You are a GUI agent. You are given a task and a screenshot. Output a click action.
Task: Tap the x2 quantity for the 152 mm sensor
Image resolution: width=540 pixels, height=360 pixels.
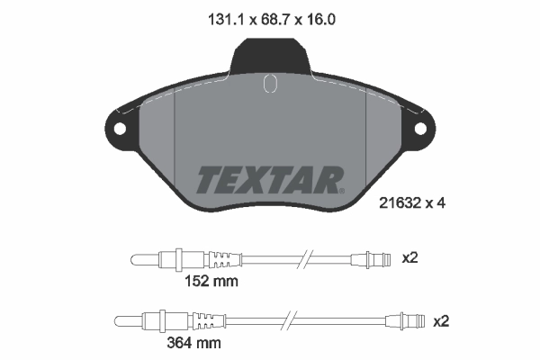click(x=410, y=257)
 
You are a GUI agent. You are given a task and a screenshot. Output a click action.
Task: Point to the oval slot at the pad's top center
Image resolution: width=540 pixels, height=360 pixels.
click(x=268, y=84)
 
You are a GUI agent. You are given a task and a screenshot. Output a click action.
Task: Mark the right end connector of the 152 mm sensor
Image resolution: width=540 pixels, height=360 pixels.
click(x=375, y=260)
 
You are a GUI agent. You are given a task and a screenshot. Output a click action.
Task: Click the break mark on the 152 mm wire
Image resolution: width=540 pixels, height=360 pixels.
click(x=306, y=260)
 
